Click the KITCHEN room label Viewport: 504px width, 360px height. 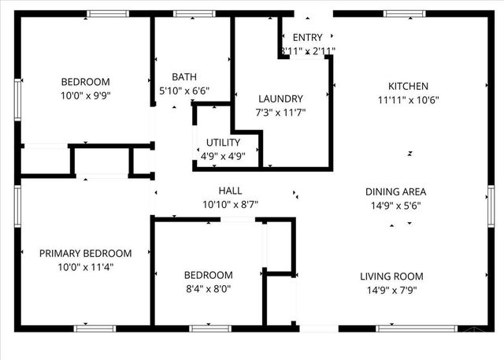coord(408,87)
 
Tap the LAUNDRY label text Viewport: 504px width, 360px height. coord(280,98)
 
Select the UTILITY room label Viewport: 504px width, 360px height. coord(224,143)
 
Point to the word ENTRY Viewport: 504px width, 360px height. coord(307,38)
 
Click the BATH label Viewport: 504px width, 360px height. coord(184,77)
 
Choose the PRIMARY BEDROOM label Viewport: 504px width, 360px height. coord(86,254)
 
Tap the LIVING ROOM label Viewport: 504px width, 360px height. coord(391,276)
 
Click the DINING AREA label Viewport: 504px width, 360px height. coord(395,191)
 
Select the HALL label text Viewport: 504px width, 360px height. coord(230,191)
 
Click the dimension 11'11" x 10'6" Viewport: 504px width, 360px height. coord(408,100)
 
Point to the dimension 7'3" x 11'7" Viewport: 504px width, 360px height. coord(280,112)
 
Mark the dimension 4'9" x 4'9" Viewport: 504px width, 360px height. coord(224,156)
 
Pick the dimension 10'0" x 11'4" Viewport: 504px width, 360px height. coord(86,267)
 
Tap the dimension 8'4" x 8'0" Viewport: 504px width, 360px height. coord(208,288)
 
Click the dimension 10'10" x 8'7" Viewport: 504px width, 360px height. coord(230,204)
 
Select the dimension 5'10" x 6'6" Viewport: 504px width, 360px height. coord(184,91)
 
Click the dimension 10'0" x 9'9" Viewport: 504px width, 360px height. coord(86,95)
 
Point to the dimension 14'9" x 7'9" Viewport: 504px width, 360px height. coord(391,290)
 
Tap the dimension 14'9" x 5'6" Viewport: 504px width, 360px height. coord(395,205)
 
